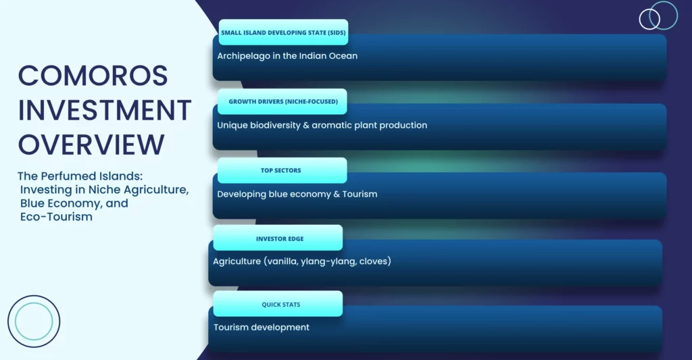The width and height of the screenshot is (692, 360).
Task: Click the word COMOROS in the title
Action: pyautogui.click(x=93, y=76)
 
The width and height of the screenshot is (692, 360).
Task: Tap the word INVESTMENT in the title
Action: pyautogui.click(x=105, y=110)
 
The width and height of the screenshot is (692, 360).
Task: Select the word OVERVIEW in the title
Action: pyautogui.click(x=91, y=145)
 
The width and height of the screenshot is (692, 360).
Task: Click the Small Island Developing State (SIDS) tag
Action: pyautogui.click(x=283, y=32)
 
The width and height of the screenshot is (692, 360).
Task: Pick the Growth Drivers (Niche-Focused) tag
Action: pyautogui.click(x=282, y=101)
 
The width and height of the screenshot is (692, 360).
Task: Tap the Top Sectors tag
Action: pyautogui.click(x=282, y=170)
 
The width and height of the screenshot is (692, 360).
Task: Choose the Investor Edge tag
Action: pyautogui.click(x=278, y=238)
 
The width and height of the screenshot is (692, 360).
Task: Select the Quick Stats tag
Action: pyautogui.click(x=278, y=304)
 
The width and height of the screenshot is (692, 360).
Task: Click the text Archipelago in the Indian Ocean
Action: pyautogui.click(x=287, y=56)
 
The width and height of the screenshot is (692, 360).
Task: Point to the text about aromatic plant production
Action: pyautogui.click(x=322, y=126)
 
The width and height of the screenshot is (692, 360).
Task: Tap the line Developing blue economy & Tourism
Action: pyautogui.click(x=297, y=194)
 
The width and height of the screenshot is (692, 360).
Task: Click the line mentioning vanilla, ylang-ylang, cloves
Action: pyautogui.click(x=302, y=261)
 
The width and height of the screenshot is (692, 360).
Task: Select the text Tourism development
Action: pyautogui.click(x=262, y=328)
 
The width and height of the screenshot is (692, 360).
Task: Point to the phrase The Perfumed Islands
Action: pyautogui.click(x=80, y=176)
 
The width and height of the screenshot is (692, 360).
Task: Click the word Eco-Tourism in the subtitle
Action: pyautogui.click(x=57, y=217)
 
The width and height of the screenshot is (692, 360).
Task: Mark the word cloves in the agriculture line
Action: pyautogui.click(x=373, y=261)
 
